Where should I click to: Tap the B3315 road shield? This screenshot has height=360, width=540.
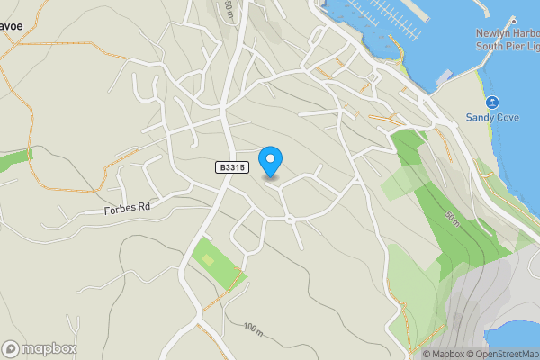pos(231,167)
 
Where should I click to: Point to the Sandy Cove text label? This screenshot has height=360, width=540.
pos(492,117)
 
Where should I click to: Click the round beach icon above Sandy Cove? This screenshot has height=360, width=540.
pos(492,102)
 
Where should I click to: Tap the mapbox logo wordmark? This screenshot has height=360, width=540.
pos(49,349)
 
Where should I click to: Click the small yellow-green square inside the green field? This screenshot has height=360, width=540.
pos(209,259)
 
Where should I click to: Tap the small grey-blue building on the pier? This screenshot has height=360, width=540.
pos(442,79)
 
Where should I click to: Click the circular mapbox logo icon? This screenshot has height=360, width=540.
pos(11,349)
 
